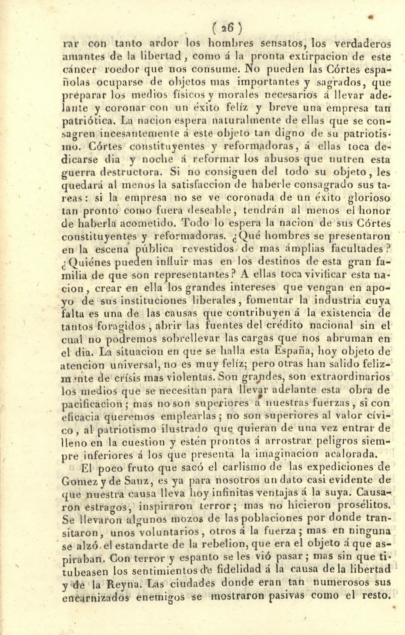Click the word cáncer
point(76,69)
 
